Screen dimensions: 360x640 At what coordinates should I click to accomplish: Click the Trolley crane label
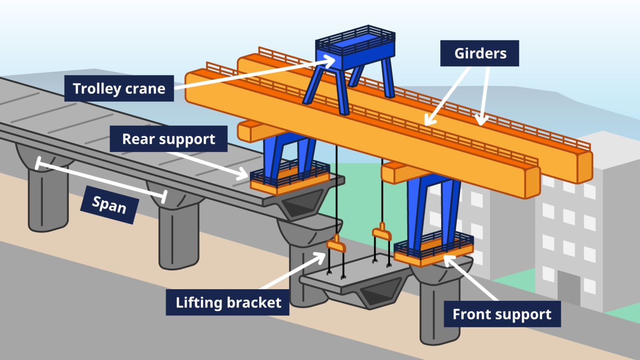119,88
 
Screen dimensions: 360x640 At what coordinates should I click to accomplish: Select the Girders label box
480,53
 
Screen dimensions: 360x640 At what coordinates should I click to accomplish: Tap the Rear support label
168,139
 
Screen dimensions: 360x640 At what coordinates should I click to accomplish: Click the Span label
109,205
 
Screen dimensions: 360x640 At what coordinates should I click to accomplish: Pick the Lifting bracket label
227,302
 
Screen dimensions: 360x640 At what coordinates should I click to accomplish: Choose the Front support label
502,314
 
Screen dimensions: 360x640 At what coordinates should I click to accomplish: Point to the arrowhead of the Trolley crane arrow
331,60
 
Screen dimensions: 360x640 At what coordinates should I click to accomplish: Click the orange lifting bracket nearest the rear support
336,245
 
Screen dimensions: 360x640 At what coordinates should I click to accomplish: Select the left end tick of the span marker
38,163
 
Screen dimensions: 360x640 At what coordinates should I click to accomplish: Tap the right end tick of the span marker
164,197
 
